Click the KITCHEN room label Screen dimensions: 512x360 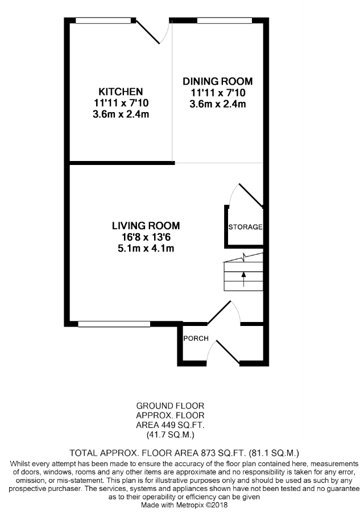tap(121, 92)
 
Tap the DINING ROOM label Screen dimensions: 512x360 tap(217, 81)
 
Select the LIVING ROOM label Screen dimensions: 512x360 tap(146, 225)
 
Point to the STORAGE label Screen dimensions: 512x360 tap(245, 227)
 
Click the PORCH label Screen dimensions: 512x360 tap(196, 338)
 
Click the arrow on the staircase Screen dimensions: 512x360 tap(244, 279)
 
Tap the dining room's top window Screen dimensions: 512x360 tap(225, 21)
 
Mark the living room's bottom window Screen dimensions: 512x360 tap(114, 324)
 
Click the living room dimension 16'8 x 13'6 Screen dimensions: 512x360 tap(146, 237)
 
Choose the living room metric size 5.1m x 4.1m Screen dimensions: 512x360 tap(146, 248)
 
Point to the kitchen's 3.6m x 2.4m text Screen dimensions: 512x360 tap(121, 114)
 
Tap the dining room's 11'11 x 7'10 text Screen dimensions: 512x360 tap(217, 93)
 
